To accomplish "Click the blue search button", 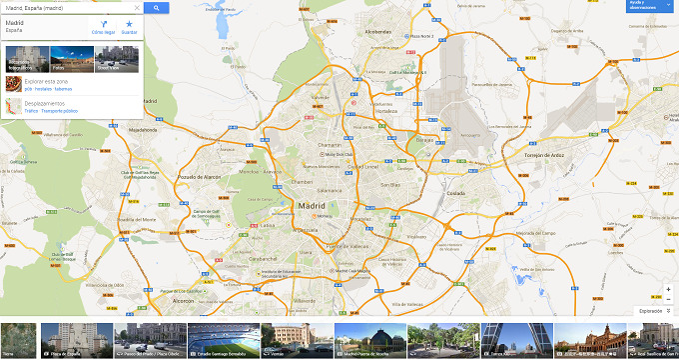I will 156,7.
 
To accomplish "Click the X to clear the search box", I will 137,7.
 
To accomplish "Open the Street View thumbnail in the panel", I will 109,57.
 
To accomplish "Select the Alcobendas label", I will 378,31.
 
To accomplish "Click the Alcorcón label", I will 183,299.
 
